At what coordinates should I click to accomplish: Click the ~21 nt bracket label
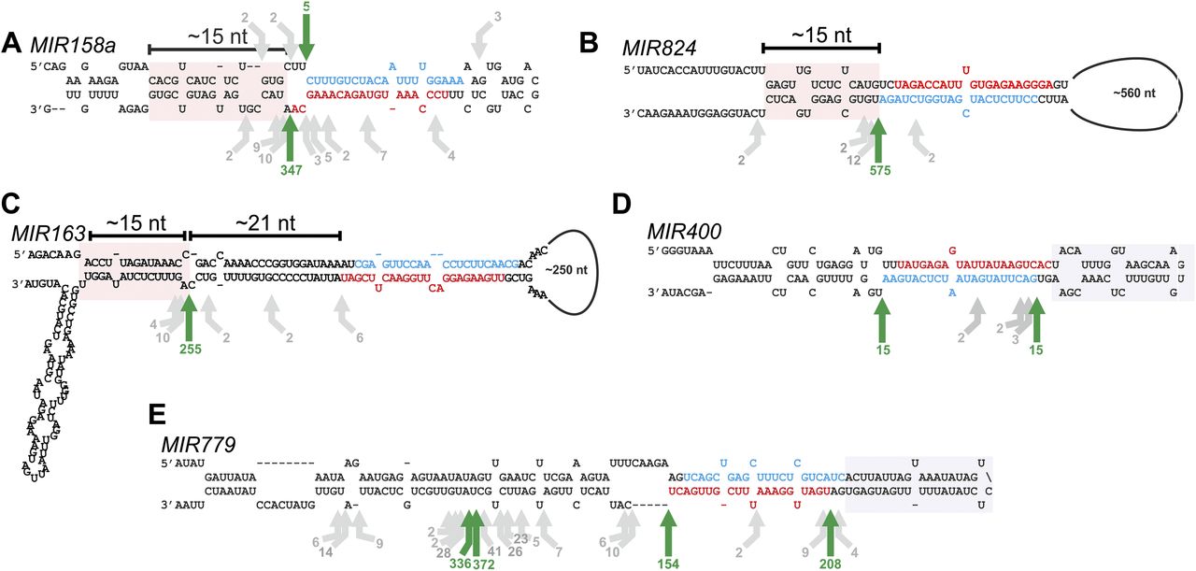[264, 223]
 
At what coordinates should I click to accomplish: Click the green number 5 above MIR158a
[306, 7]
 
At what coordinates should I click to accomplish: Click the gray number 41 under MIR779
[494, 551]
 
